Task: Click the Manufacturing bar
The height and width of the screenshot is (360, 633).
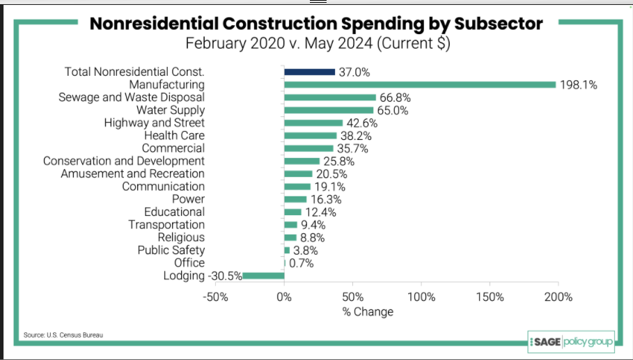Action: (420, 84)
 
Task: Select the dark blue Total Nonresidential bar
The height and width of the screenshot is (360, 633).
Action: (309, 72)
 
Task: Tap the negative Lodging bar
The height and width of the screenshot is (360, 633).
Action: (263, 276)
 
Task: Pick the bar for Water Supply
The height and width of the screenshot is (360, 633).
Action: (329, 110)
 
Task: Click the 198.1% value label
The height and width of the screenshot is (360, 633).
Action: (579, 85)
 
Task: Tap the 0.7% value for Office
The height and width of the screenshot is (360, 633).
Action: (302, 263)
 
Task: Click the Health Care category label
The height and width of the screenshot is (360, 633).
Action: (174, 135)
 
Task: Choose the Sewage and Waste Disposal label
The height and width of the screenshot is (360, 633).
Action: (132, 97)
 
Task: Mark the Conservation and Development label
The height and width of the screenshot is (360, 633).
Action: (124, 161)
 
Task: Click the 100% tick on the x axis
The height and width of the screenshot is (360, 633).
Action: (421, 297)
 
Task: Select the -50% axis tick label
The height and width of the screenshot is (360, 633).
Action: (215, 297)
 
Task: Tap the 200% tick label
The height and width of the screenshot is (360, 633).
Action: (558, 297)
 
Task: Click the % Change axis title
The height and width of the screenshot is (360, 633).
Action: (368, 312)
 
